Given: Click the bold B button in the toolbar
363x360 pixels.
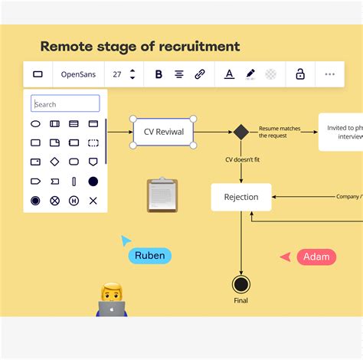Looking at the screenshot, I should tap(159, 74).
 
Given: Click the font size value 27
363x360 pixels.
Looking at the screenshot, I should tap(117, 74).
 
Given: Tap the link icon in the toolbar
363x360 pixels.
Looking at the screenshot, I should tap(200, 74).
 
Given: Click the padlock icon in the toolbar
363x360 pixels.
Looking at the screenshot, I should tap(300, 74).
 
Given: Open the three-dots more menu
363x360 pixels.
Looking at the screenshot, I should tap(330, 74).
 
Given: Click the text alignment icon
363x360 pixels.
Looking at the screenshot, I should tap(179, 74).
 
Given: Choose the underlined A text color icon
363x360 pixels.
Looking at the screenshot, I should tap(229, 74).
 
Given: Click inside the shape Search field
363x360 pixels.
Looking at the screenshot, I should tap(66, 104).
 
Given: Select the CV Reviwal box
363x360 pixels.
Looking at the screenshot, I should tap(164, 132).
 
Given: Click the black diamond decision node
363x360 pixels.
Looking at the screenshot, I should tap(241, 132).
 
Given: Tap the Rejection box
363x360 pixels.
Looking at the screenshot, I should tap(241, 197).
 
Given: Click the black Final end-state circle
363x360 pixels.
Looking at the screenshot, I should tap(241, 284).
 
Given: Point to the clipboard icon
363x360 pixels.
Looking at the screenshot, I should tap(162, 195).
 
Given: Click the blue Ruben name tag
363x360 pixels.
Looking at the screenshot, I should tap(150, 256).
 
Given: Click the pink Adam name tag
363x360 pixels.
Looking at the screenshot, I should tap(316, 257).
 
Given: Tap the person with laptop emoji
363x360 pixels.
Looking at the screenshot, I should tap(112, 300).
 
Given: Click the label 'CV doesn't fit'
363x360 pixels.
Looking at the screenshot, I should tap(241, 159).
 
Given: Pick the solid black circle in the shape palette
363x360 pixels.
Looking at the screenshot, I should tap(93, 182).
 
